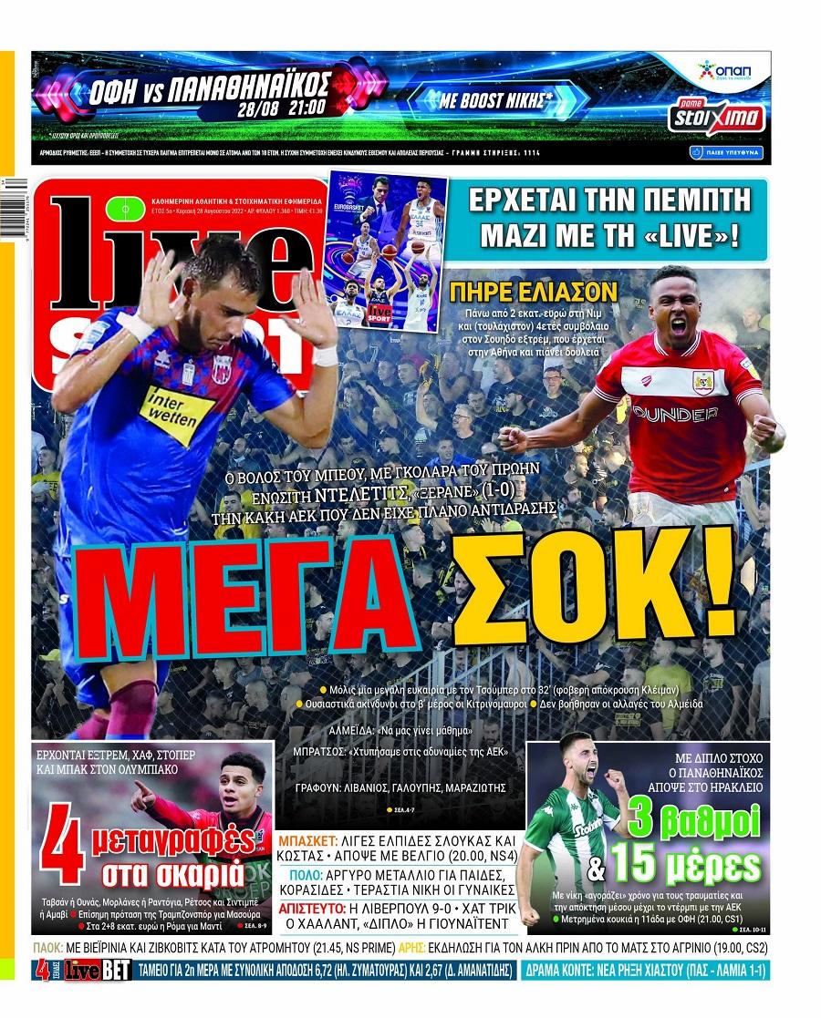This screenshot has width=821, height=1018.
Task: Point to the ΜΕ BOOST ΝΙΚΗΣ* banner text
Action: click(496, 101)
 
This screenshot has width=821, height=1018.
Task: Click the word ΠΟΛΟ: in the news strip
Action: click(296, 874)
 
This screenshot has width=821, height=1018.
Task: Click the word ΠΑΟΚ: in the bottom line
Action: click(53, 948)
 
